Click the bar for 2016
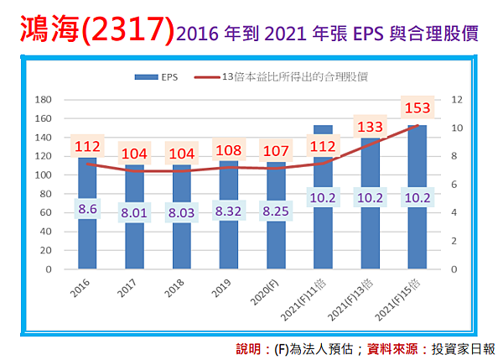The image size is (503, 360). [87, 243]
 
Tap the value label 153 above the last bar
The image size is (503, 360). [417, 108]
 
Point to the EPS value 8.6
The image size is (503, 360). [88, 208]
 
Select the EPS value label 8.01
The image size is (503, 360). [134, 213]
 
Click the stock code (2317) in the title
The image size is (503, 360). [130, 29]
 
